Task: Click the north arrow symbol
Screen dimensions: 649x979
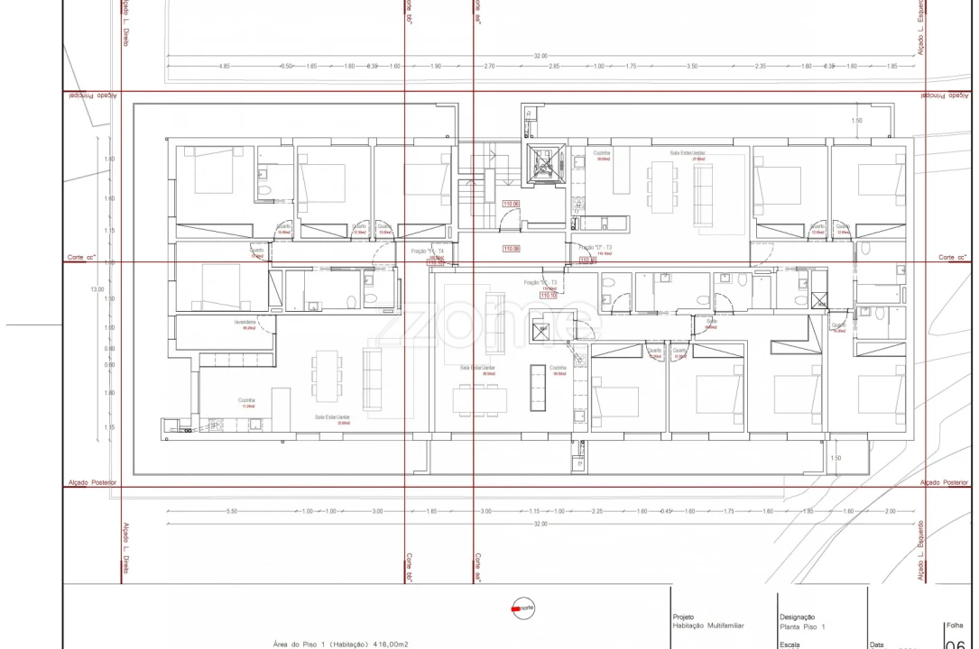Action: (x=522, y=608)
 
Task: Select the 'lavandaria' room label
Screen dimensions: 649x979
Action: (x=246, y=322)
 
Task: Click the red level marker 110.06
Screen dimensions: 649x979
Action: (x=511, y=205)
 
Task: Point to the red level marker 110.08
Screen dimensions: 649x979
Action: (x=511, y=248)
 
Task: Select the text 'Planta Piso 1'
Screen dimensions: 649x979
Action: (x=802, y=626)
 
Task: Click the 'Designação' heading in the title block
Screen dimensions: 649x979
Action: (x=797, y=617)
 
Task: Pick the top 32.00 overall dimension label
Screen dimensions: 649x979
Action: (x=540, y=56)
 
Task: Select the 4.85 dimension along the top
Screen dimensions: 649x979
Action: (x=225, y=67)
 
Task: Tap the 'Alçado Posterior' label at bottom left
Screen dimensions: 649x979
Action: (x=92, y=482)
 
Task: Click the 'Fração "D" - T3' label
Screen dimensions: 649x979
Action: (x=595, y=247)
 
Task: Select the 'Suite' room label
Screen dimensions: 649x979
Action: (x=711, y=321)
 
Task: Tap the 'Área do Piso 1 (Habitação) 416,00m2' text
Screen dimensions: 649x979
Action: (x=340, y=644)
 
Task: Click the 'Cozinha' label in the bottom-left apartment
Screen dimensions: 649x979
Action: (x=246, y=400)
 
